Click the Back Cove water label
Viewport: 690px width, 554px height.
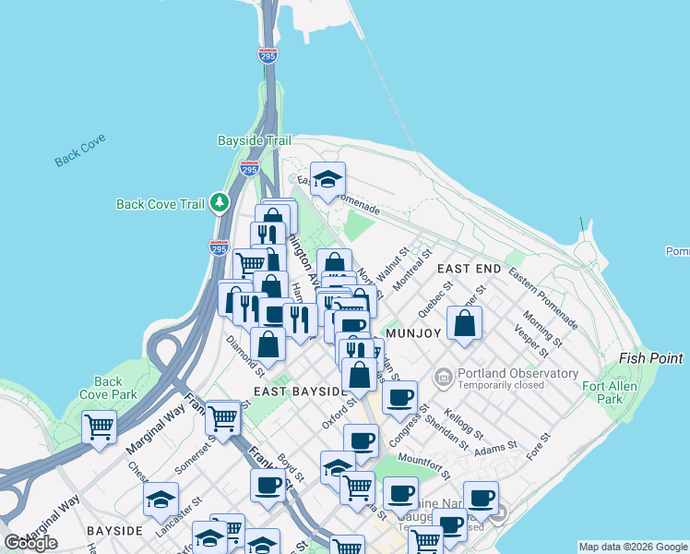click(x=79, y=150)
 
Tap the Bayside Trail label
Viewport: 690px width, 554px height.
click(x=254, y=140)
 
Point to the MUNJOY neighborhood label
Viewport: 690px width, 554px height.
click(x=415, y=332)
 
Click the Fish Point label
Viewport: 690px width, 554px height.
click(x=651, y=358)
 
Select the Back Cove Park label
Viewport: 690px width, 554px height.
click(x=108, y=388)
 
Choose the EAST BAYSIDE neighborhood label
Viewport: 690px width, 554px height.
click(x=299, y=391)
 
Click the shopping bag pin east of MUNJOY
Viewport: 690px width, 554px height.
click(x=466, y=324)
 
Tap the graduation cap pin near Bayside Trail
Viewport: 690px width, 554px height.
click(x=327, y=180)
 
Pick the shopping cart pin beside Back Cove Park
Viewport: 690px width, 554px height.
click(x=99, y=428)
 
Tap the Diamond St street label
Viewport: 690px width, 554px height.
click(x=246, y=355)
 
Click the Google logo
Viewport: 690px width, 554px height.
click(x=30, y=542)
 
